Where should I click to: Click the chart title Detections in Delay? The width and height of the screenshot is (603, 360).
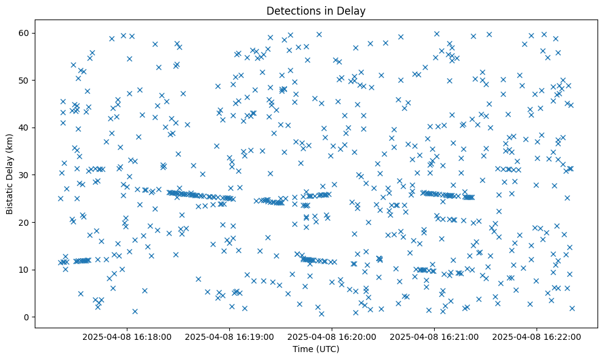(x=316, y=10)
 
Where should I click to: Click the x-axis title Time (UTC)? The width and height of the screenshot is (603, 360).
(x=316, y=349)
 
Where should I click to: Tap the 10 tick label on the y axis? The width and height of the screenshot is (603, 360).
(x=25, y=270)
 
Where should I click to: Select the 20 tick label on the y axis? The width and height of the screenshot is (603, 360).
(x=25, y=222)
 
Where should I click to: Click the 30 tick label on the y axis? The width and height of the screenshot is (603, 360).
(x=25, y=175)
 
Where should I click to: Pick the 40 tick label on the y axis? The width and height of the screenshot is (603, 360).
(x=25, y=128)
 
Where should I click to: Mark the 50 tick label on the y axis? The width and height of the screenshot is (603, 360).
(x=25, y=80)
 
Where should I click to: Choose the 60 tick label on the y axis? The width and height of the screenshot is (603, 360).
(x=25, y=33)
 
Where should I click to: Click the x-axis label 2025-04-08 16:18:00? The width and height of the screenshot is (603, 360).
(x=127, y=336)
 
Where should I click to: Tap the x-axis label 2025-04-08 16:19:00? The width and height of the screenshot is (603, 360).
(x=230, y=336)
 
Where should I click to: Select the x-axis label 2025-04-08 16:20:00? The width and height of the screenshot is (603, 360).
(x=332, y=336)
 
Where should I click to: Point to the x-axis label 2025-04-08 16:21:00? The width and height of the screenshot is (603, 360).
(x=435, y=336)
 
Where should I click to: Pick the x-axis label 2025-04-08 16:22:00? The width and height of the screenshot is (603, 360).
(x=537, y=336)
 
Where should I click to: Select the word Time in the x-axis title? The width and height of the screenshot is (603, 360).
(x=302, y=349)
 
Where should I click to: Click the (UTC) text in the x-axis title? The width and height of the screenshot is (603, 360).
(x=326, y=349)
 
